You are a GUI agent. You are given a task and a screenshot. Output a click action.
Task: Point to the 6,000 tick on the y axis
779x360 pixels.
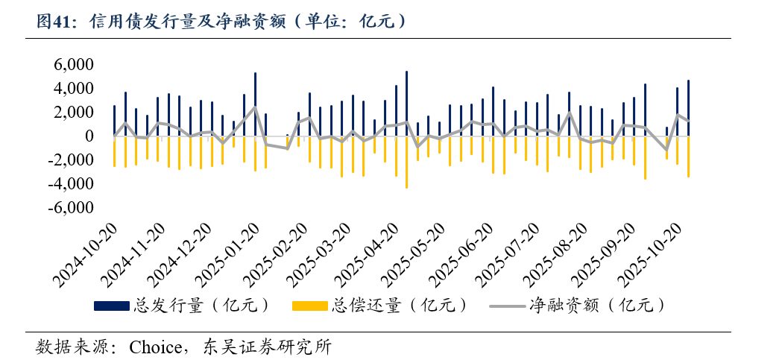[73, 65]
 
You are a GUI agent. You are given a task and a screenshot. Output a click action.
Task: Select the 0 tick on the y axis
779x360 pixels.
[89, 136]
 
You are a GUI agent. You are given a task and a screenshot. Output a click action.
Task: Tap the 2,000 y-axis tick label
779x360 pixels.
[73, 113]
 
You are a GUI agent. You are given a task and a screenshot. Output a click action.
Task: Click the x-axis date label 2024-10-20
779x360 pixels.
[85, 257]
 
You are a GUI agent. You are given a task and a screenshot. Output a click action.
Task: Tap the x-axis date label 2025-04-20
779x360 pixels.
[372, 257]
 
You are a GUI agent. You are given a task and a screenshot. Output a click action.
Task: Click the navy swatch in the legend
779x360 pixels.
[112, 306]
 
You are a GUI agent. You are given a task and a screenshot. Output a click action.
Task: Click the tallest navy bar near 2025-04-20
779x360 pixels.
[406, 104]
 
